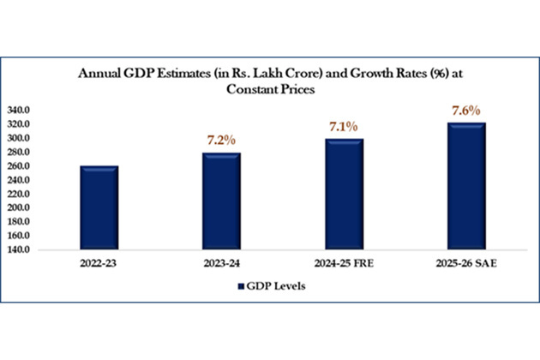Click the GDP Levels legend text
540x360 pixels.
280,286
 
